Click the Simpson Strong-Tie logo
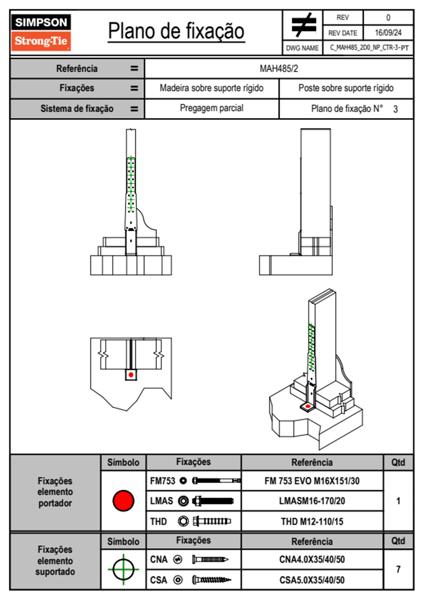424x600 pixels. click(x=41, y=32)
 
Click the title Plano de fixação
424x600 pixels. click(x=176, y=31)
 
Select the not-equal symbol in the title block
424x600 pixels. click(x=303, y=25)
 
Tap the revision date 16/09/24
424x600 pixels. click(x=388, y=33)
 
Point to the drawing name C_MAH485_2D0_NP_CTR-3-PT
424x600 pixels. click(x=369, y=48)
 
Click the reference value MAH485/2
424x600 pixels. click(x=279, y=68)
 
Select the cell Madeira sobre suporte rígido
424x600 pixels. click(x=211, y=88)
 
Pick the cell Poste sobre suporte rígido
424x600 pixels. click(x=346, y=88)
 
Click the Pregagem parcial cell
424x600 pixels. click(x=211, y=108)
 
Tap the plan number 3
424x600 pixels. click(x=395, y=109)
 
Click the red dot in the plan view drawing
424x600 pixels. click(x=131, y=375)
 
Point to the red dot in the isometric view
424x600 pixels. click(x=308, y=406)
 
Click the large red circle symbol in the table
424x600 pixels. click(x=123, y=500)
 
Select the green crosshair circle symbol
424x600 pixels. click(x=123, y=569)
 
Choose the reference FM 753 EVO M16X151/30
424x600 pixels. click(x=312, y=481)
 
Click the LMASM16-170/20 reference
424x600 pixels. click(x=312, y=501)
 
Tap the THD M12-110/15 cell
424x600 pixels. click(x=312, y=522)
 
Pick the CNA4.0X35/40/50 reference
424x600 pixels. click(x=312, y=559)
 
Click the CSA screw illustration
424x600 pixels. click(x=211, y=580)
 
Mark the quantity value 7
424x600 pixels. click(x=398, y=569)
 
